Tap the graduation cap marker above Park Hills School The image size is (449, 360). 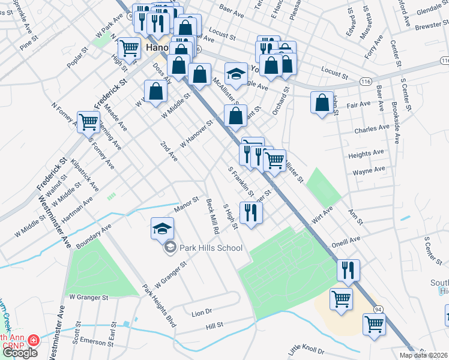tap(162, 228)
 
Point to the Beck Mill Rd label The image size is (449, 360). tap(211, 217)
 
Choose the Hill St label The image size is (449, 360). tap(214, 325)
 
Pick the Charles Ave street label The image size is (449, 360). tap(372, 129)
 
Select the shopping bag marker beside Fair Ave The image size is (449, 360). tap(322, 103)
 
